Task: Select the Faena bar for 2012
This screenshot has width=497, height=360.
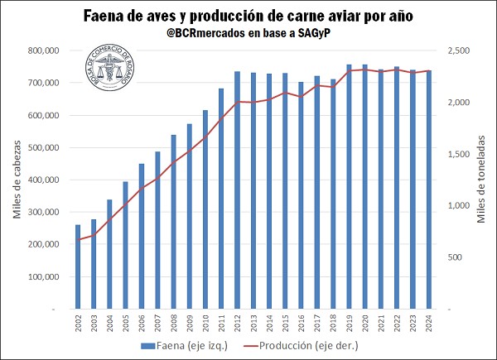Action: pyautogui.click(x=237, y=190)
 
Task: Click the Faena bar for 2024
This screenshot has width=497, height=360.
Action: pyautogui.click(x=428, y=190)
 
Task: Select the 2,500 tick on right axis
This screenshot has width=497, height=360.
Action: pyautogui.click(x=460, y=50)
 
